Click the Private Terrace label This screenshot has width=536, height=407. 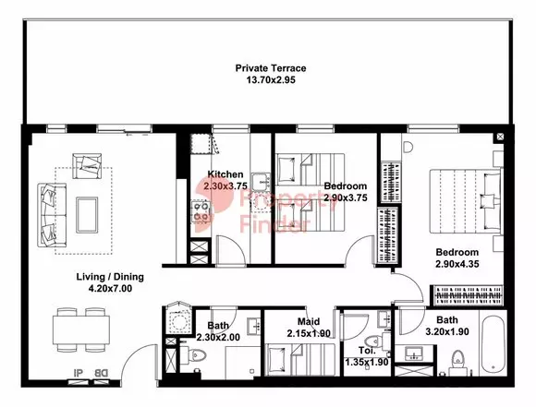[271, 68]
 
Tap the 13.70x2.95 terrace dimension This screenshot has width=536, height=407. [271, 80]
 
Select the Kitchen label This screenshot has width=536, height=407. [225, 174]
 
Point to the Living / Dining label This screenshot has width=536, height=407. [110, 277]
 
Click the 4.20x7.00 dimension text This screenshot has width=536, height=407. [110, 289]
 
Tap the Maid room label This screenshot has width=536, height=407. [309, 322]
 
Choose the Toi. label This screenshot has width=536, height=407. [367, 351]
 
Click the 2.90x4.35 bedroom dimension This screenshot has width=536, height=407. [457, 264]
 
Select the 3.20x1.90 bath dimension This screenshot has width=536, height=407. [447, 331]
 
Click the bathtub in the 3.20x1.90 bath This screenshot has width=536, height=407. [493, 345]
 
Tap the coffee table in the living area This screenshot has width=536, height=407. [87, 215]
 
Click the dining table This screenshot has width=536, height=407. [81, 329]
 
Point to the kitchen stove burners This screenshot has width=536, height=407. [201, 211]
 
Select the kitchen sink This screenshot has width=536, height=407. [262, 181]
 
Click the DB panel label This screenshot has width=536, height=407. [101, 373]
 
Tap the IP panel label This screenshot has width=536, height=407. [79, 373]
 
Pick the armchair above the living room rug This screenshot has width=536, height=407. [87, 166]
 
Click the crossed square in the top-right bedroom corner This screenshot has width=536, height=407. [500, 137]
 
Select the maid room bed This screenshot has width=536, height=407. [300, 360]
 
